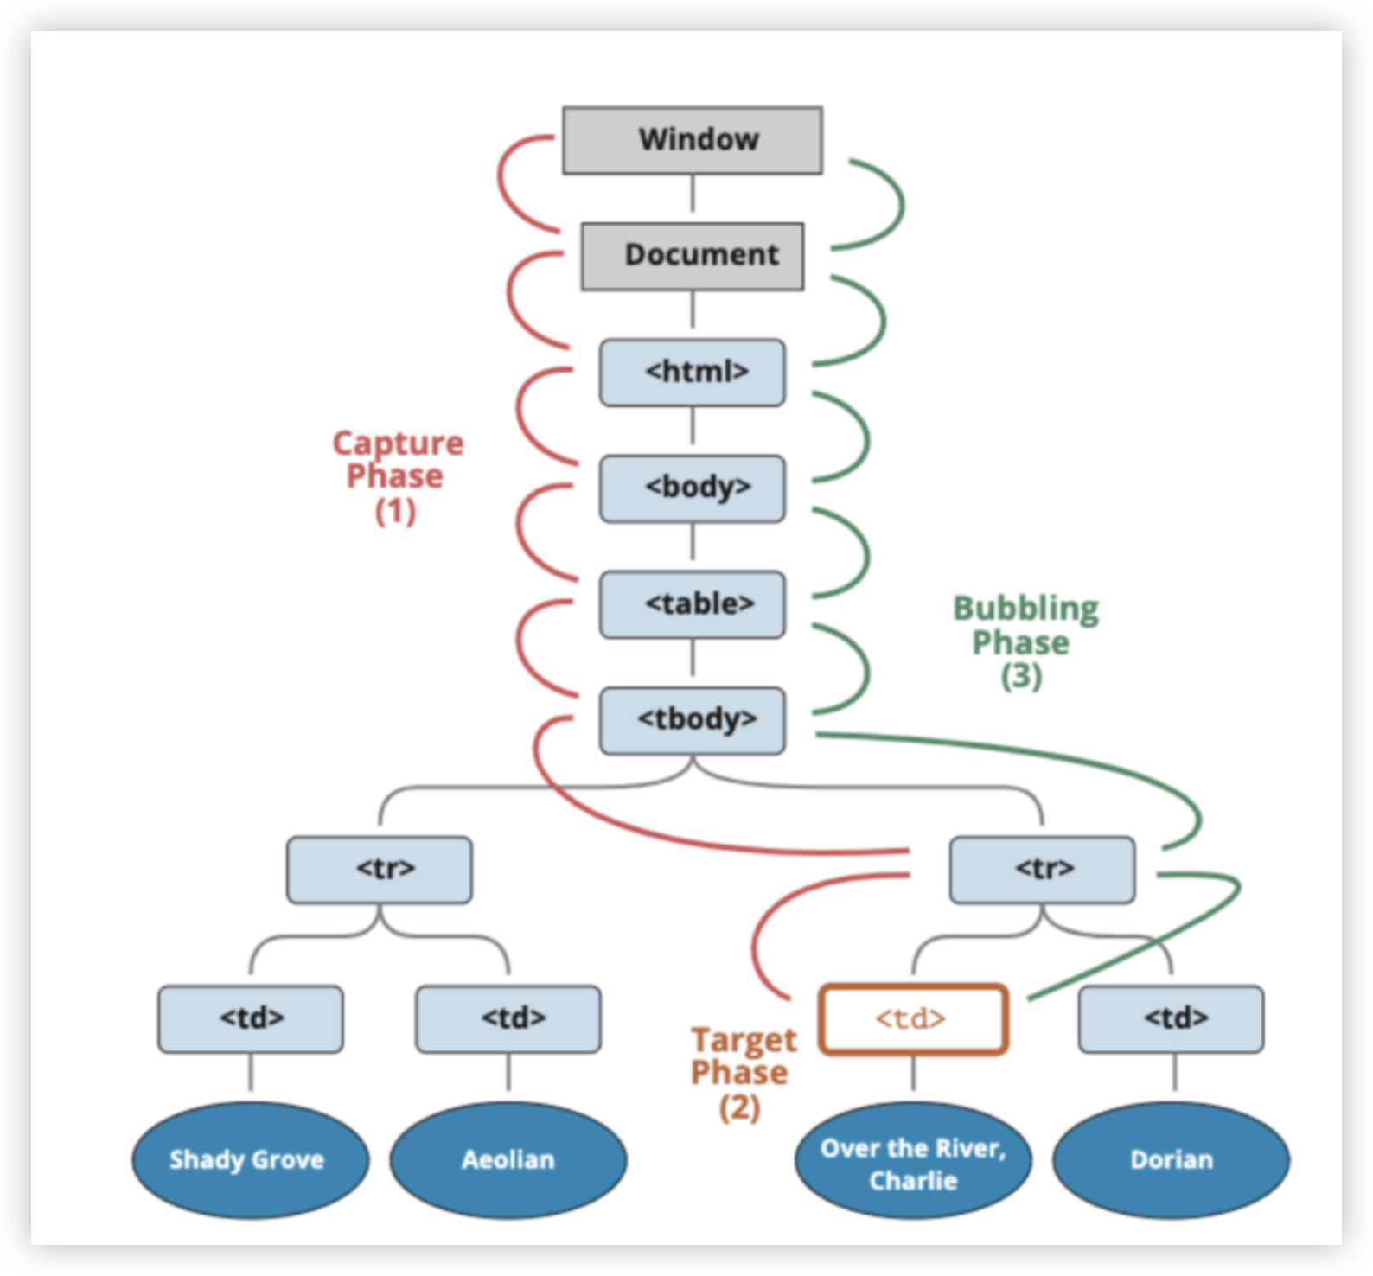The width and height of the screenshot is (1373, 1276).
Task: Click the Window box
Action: point(692,140)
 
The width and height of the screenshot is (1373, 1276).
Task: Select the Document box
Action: point(692,256)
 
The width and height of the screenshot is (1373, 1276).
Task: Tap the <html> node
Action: point(692,372)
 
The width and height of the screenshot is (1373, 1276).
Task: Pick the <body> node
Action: point(692,488)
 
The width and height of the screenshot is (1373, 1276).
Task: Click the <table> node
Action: point(692,604)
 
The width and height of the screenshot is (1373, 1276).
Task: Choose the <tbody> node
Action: point(692,720)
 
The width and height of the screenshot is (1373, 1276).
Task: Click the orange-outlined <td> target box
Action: point(913,1019)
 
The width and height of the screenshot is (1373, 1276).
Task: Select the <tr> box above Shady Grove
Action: point(380,869)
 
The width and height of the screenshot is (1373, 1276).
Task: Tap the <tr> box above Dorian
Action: point(1042,869)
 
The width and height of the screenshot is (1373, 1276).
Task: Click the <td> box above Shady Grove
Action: point(251,1018)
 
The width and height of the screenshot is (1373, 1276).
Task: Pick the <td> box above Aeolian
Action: point(508,1018)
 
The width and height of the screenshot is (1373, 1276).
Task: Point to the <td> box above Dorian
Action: point(1171,1018)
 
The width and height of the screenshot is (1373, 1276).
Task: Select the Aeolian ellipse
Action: point(508,1160)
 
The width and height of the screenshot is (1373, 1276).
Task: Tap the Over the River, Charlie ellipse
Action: point(913,1164)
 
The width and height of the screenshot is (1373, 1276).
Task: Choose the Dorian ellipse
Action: point(1171,1160)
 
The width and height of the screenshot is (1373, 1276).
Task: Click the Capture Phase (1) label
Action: point(397,476)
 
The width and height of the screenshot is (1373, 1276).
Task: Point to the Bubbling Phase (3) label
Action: point(1024,641)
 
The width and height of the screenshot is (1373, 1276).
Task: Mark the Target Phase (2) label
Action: point(742,1073)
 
